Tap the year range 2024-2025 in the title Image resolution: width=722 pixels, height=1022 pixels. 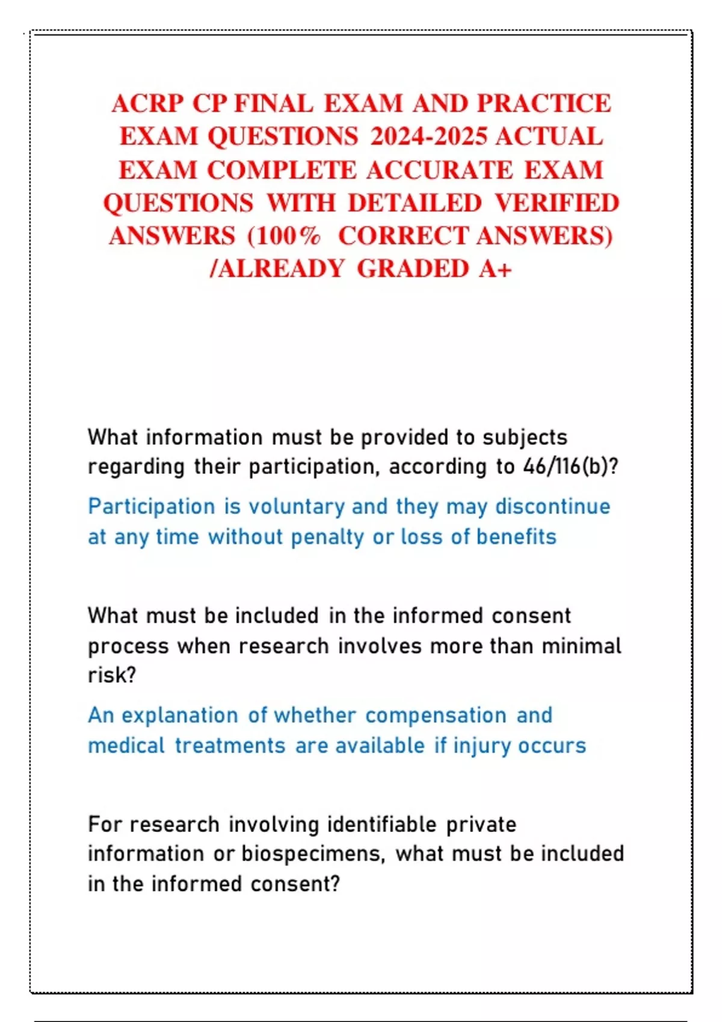click(x=428, y=136)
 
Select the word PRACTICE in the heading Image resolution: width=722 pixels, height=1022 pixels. click(x=544, y=103)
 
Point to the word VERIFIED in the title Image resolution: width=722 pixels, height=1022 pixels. click(x=557, y=203)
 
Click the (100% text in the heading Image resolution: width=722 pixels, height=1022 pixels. click(x=283, y=236)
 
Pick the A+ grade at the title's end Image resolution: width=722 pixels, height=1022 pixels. click(x=496, y=269)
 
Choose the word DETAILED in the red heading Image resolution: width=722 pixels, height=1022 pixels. click(x=415, y=203)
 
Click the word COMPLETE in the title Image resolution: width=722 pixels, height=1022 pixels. click(x=282, y=170)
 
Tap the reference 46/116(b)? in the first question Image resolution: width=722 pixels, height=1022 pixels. click(x=570, y=467)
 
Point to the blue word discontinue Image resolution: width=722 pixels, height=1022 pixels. click(x=552, y=506)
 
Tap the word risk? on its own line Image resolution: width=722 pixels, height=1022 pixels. click(x=112, y=675)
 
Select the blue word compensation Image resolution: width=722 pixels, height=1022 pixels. click(x=436, y=715)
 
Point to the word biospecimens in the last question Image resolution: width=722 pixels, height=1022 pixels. click(x=313, y=854)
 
